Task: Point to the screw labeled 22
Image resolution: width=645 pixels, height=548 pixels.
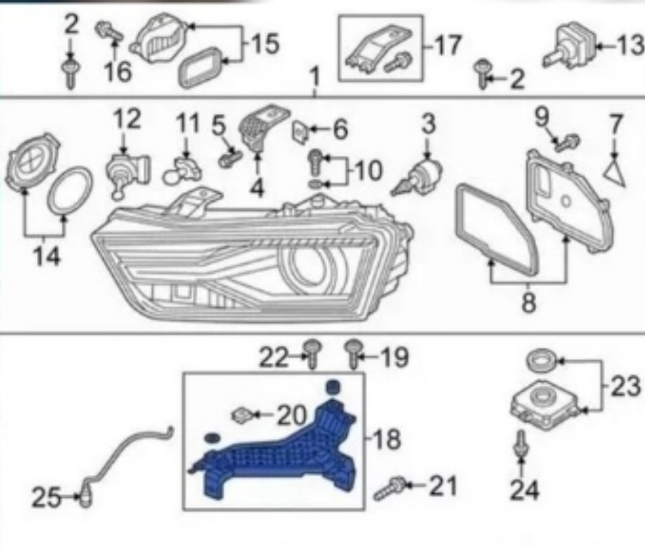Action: pyautogui.click(x=313, y=353)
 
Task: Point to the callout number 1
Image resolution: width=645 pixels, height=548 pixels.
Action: pyautogui.click(x=315, y=77)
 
